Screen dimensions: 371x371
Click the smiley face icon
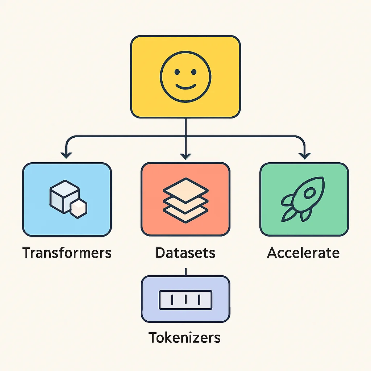coord(185,77)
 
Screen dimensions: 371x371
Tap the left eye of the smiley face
coord(177,72)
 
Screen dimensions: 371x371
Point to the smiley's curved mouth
coord(186,87)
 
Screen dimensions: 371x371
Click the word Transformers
coord(67,253)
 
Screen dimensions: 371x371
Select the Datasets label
coord(185,253)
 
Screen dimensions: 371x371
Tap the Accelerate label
coord(303,253)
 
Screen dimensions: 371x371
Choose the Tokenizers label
coord(184,337)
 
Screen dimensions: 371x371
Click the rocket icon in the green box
coord(303,199)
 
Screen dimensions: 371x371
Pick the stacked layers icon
coord(186,200)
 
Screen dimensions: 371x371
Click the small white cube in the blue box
coord(79,208)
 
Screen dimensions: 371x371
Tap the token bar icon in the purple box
coord(186,300)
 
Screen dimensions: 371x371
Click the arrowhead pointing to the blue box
coord(66,155)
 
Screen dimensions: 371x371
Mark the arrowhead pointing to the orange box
coord(185,157)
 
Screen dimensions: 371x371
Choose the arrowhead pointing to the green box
coord(304,156)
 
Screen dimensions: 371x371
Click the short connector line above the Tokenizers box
coord(186,272)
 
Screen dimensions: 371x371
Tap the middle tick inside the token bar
coord(186,299)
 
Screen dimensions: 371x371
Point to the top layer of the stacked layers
coord(186,190)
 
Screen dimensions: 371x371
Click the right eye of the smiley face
coord(194,72)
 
